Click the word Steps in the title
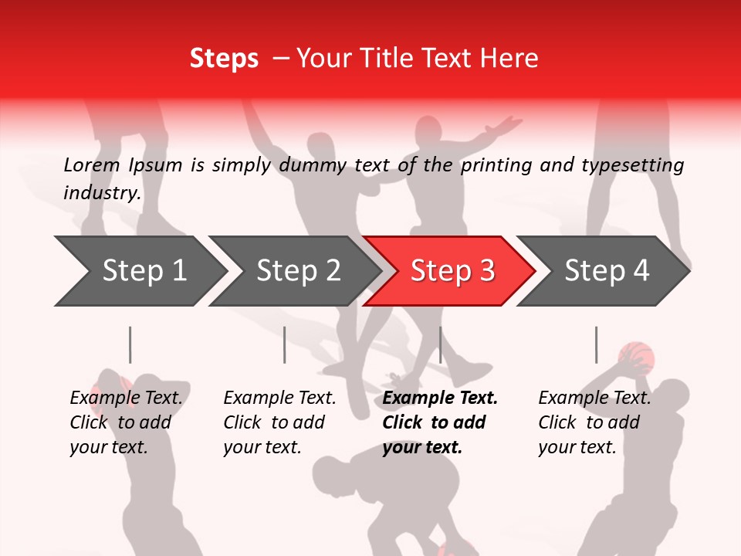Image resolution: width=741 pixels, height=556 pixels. click(224, 59)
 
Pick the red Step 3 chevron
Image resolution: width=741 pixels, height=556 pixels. click(451, 271)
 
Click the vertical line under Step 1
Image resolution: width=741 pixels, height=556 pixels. click(130, 344)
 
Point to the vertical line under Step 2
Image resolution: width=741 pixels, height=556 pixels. click(285, 344)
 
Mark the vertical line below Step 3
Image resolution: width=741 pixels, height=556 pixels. click(440, 344)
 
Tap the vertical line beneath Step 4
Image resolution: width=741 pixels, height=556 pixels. click(596, 344)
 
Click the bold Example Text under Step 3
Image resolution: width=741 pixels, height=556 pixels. click(440, 398)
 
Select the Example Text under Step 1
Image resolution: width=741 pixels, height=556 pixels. click(127, 398)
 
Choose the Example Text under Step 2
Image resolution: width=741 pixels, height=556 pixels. click(280, 398)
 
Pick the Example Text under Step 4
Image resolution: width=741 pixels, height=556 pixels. click(595, 398)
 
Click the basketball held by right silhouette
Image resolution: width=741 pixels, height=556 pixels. click(637, 358)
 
